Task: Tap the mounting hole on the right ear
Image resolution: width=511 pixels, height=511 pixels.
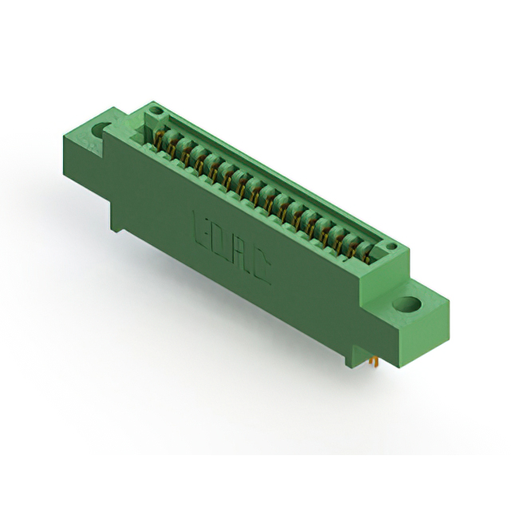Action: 407,304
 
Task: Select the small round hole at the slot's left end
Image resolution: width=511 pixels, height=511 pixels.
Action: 156,111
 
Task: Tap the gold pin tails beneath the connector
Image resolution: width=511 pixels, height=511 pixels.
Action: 372,363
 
